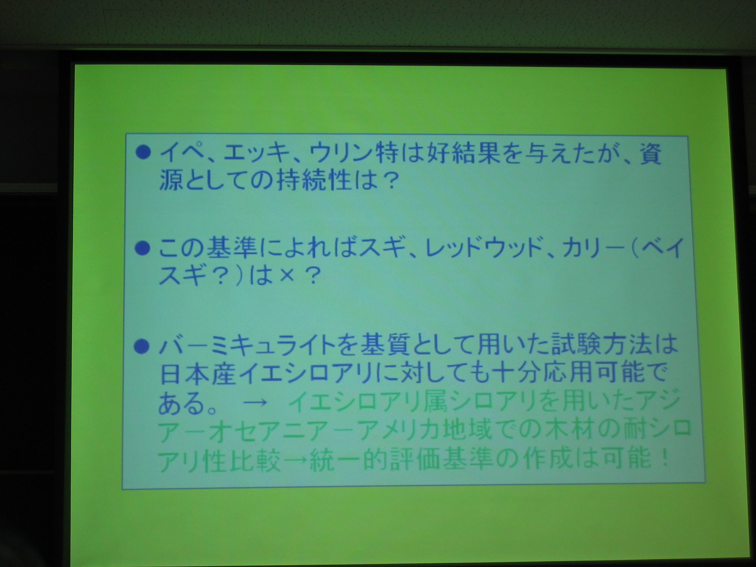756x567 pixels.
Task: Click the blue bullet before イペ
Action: tap(143, 153)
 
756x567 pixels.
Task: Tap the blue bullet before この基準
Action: tap(143, 249)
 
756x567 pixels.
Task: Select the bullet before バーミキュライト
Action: tap(142, 348)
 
